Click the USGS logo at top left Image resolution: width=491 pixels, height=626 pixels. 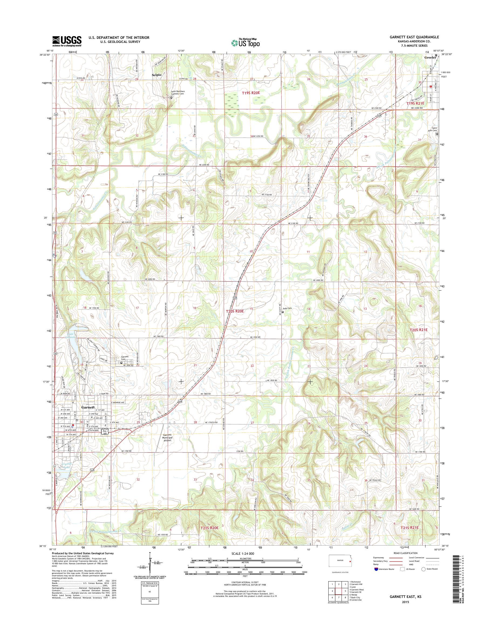(x=67, y=41)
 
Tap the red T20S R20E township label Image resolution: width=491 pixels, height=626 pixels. (x=235, y=311)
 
